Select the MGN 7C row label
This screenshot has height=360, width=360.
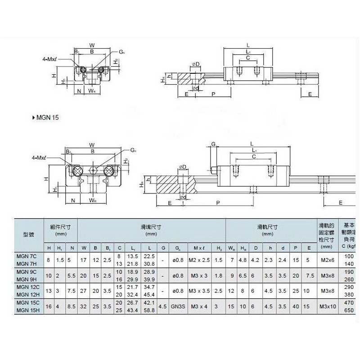click(27, 256)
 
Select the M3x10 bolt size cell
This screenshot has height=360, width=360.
click(327, 306)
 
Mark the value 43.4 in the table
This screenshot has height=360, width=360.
click(133, 310)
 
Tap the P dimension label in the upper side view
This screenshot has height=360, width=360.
click(213, 94)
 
